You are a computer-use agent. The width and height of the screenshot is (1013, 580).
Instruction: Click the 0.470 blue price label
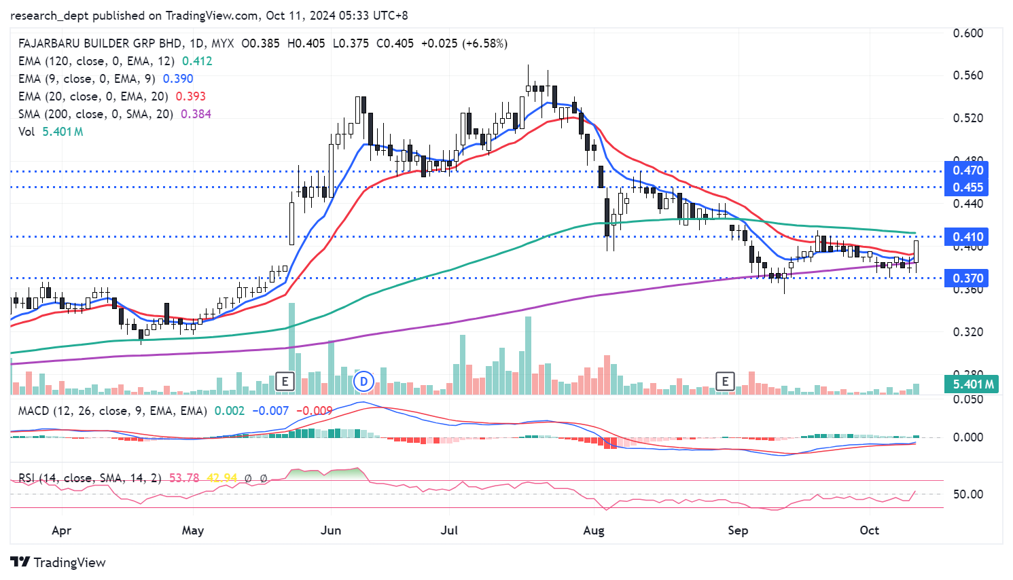(967, 170)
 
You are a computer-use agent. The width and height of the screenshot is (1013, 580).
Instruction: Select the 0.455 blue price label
(967, 187)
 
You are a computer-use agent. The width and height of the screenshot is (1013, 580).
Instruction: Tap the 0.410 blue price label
(967, 237)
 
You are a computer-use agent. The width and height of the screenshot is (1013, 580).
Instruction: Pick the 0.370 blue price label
(967, 278)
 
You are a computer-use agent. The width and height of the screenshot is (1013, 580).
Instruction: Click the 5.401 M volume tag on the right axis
(973, 384)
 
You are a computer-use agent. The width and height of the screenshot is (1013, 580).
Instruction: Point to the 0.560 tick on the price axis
(967, 75)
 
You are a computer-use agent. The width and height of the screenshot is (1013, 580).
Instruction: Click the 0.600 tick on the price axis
(967, 33)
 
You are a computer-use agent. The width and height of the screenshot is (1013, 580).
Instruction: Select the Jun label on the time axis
(331, 530)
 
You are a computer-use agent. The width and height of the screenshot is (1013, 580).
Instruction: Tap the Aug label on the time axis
(593, 530)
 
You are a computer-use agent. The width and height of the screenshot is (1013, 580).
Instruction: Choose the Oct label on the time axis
(869, 530)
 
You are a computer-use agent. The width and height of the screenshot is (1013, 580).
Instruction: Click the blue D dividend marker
(364, 382)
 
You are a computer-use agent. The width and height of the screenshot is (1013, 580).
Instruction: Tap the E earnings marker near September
(725, 382)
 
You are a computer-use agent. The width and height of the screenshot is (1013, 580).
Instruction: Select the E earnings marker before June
(285, 382)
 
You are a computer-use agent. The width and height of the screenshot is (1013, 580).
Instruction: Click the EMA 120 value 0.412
(197, 61)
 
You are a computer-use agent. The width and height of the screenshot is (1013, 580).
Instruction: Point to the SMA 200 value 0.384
(196, 114)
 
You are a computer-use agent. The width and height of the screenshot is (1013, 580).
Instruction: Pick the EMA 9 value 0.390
(178, 79)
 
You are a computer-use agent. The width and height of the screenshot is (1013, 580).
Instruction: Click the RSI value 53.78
(184, 478)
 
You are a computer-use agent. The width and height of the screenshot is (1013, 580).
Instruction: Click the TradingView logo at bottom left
(58, 562)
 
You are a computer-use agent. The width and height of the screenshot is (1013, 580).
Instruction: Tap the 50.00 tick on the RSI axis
(967, 494)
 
